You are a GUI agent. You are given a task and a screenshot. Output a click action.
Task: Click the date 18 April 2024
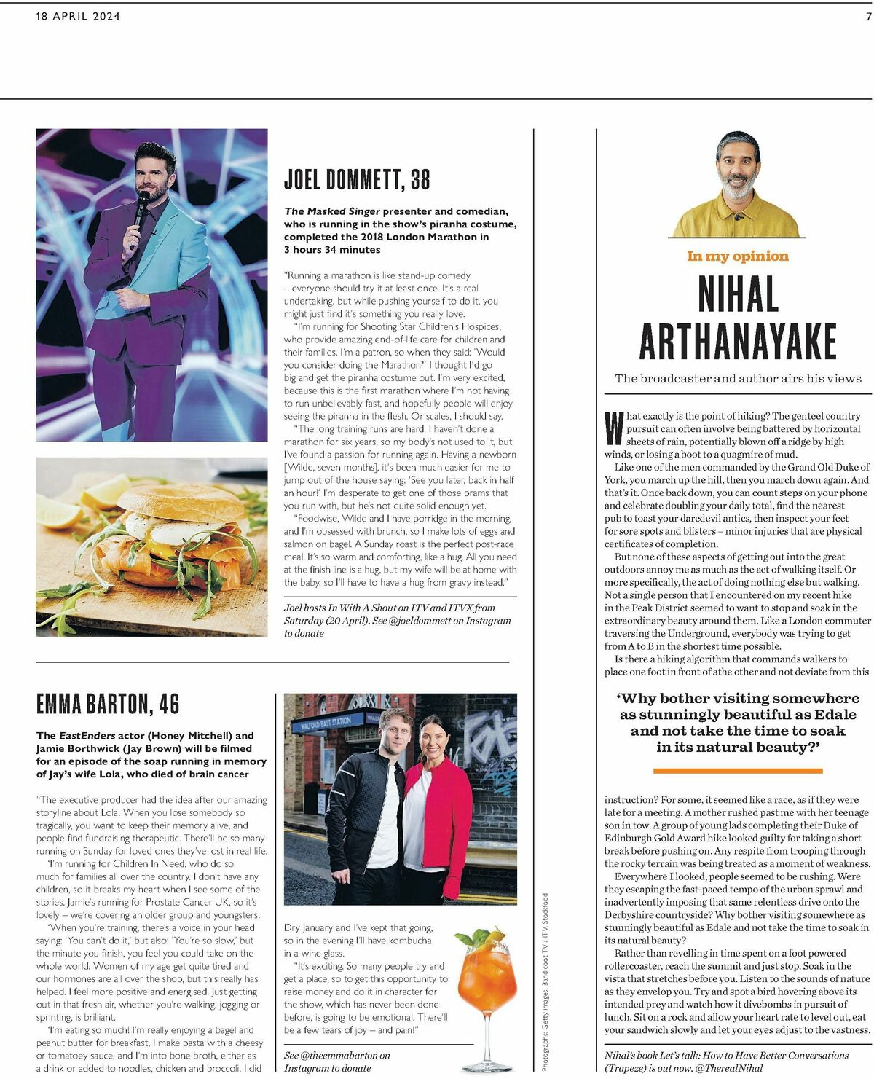(78, 16)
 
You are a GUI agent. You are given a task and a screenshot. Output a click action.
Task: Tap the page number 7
(868, 16)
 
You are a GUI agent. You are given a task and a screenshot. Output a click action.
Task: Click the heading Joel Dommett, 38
(357, 179)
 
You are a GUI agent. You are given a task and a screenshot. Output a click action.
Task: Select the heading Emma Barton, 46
(108, 704)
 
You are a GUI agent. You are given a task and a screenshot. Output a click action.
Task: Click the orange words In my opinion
(737, 256)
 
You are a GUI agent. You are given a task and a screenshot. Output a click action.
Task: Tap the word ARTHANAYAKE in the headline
(738, 341)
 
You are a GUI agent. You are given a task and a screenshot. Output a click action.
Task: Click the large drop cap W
(614, 429)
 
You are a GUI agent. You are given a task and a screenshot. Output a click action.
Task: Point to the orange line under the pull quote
(738, 770)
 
